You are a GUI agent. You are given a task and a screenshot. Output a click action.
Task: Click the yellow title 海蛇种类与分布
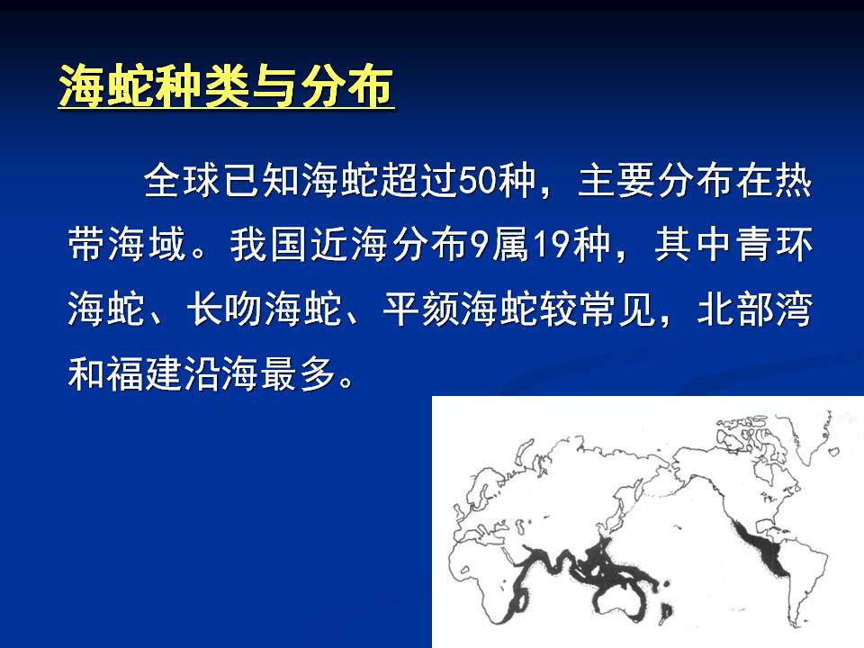(x=226, y=86)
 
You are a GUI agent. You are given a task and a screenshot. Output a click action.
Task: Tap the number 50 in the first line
(x=476, y=180)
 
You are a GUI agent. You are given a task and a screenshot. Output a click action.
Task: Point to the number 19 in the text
(x=553, y=244)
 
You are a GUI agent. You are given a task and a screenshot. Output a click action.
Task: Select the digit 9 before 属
(x=480, y=244)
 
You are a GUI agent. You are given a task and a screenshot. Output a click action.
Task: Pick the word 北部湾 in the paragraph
(x=755, y=309)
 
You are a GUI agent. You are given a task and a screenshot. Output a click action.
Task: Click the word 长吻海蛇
(x=265, y=309)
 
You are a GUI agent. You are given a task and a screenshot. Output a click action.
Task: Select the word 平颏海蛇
(x=460, y=309)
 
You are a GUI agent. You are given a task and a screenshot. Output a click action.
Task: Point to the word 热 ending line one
(x=794, y=180)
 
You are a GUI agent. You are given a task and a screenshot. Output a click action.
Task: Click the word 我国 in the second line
(x=268, y=244)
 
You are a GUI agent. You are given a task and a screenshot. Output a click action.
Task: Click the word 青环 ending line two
(x=775, y=244)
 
